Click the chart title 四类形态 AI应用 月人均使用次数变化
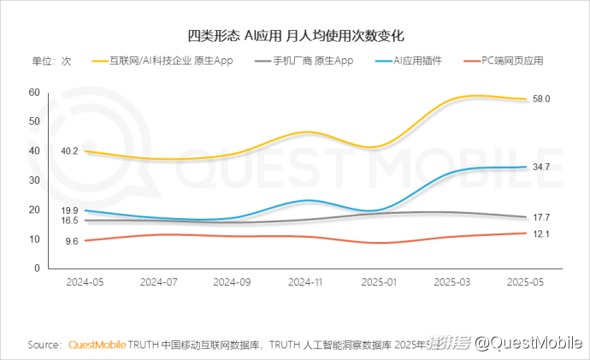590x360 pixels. [295, 36]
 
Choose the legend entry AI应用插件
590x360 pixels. [416, 61]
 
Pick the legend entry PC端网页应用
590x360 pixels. [510, 61]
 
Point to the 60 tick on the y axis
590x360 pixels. [34, 91]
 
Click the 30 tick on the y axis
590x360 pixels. [34, 180]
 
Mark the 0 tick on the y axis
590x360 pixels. [37, 268]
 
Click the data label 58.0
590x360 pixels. [541, 99]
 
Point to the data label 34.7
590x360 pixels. [541, 167]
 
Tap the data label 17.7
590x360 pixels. [541, 217]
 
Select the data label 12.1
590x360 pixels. [541, 233]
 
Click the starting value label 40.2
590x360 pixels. [70, 151]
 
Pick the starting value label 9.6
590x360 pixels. [72, 242]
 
